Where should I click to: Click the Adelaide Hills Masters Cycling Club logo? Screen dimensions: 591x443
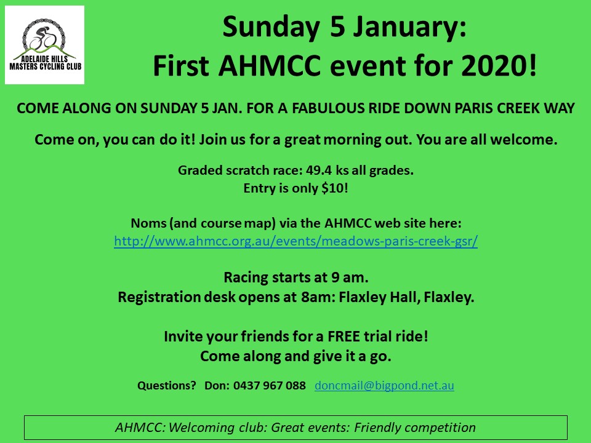coord(44,45)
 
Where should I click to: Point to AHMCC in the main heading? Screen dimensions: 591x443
coord(269,66)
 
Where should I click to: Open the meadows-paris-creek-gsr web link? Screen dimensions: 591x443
coord(296,241)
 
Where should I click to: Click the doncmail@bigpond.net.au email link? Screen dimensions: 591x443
coord(384,385)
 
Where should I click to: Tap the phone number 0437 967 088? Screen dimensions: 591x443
coord(270,385)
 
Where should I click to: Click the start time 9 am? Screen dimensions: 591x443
coord(350,277)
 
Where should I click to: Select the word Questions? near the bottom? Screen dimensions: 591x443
coord(167,385)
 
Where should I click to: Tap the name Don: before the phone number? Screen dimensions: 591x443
coord(217,385)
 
